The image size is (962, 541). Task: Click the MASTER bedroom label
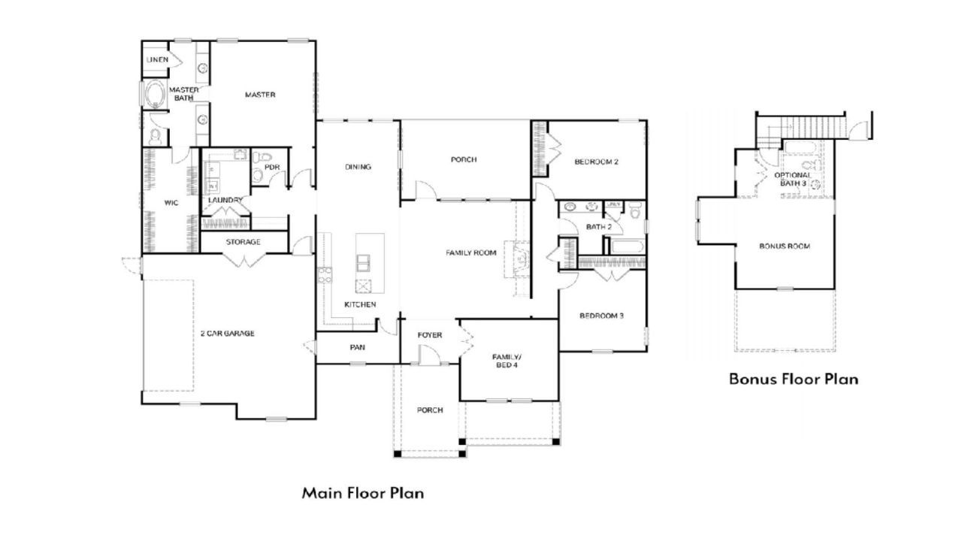pyautogui.click(x=260, y=95)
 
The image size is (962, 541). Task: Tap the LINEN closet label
pyautogui.click(x=157, y=59)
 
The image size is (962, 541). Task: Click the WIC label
pyautogui.click(x=171, y=202)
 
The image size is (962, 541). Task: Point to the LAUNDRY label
pyautogui.click(x=225, y=200)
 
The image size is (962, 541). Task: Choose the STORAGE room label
pyautogui.click(x=243, y=242)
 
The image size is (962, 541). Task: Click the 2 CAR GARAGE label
pyautogui.click(x=227, y=333)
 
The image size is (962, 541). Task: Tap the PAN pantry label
pyautogui.click(x=357, y=347)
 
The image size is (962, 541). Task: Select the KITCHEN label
pyautogui.click(x=360, y=304)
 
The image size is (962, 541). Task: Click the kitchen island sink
pyautogui.click(x=363, y=262)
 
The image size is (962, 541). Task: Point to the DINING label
pyautogui.click(x=358, y=167)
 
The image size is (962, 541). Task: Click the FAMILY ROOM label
pyautogui.click(x=470, y=252)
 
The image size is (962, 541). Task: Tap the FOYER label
pyautogui.click(x=429, y=334)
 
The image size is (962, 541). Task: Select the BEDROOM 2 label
pyautogui.click(x=596, y=162)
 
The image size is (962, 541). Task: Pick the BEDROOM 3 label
pyautogui.click(x=601, y=316)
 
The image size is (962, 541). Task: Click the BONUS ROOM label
pyautogui.click(x=785, y=246)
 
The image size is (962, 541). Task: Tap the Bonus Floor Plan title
pyautogui.click(x=793, y=379)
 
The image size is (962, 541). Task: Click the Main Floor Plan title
pyautogui.click(x=363, y=494)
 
